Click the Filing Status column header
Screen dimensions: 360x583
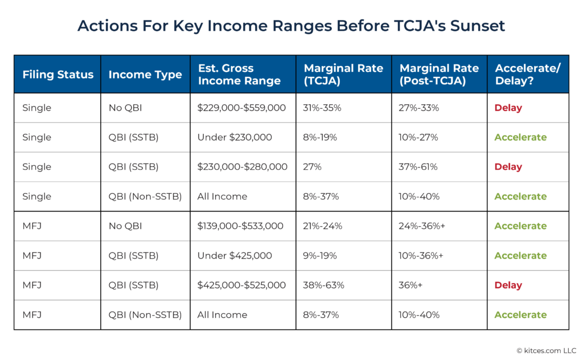point(58,75)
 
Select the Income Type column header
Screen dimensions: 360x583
point(145,75)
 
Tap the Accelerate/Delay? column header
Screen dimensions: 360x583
point(528,75)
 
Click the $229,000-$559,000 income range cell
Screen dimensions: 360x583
point(241,108)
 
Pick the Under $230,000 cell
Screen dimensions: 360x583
point(235,137)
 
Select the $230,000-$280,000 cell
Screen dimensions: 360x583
point(242,167)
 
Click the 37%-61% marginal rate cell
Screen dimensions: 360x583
point(419,167)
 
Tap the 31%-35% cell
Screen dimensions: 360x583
point(322,108)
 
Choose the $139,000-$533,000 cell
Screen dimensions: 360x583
point(240,226)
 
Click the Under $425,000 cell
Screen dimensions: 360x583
point(235,256)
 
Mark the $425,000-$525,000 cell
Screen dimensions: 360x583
point(241,285)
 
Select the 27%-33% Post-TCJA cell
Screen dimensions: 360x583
point(419,108)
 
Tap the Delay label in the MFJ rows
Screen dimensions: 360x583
point(508,285)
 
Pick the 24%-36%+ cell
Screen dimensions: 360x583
point(422,226)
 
